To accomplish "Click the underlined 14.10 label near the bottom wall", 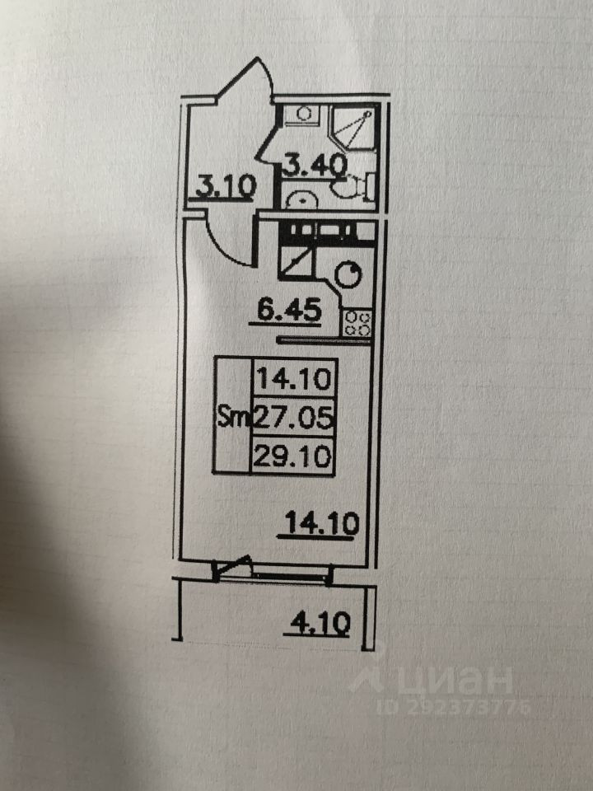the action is (318, 522).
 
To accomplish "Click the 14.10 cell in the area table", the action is (293, 380).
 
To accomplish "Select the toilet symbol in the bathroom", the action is (353, 186).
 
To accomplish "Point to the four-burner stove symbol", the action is (358, 321).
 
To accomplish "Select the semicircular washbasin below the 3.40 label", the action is (301, 199).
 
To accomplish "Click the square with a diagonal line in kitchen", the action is (297, 263).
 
